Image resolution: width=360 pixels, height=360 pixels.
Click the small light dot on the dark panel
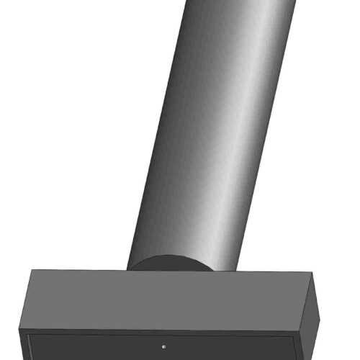(x=165, y=345)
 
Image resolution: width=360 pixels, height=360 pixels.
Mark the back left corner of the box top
(x=32, y=271)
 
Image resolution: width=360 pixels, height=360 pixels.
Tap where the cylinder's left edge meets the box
(x=127, y=270)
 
